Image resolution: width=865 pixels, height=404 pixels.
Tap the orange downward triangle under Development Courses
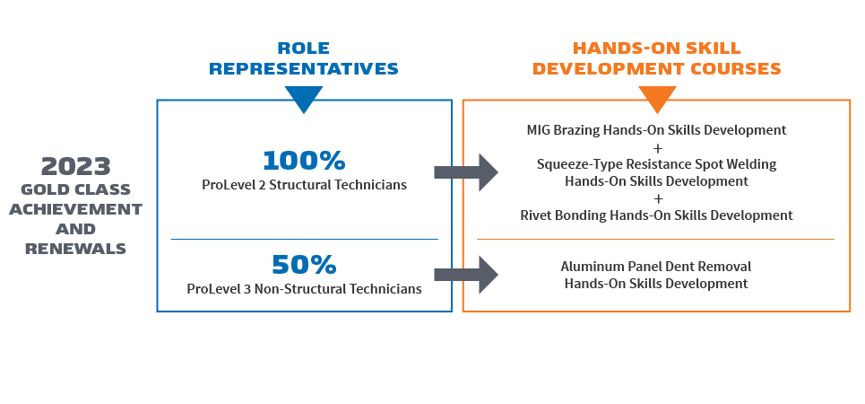click(656, 98)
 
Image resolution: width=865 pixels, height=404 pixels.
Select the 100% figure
click(304, 161)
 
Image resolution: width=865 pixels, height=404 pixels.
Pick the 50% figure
click(304, 265)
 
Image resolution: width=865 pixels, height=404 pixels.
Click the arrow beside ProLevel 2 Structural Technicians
click(465, 172)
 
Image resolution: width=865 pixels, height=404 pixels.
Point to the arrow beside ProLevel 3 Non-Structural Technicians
click(465, 275)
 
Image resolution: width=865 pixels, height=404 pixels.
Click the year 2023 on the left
click(76, 166)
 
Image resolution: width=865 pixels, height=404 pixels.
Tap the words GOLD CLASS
click(76, 189)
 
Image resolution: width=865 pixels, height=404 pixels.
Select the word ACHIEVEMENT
click(82, 209)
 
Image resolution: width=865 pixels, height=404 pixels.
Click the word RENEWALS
click(76, 249)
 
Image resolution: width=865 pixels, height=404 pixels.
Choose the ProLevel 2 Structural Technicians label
click(304, 185)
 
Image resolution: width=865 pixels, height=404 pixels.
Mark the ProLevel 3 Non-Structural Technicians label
click(304, 289)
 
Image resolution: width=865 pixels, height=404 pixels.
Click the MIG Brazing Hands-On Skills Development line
click(656, 130)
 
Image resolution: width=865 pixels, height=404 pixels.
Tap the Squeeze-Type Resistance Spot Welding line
click(656, 164)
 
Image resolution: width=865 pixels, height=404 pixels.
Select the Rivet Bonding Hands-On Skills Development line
click(656, 215)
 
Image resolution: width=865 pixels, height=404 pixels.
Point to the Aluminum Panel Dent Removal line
click(656, 267)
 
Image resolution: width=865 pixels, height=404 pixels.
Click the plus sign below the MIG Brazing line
click(656, 147)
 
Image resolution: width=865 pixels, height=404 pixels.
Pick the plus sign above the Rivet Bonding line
click(656, 198)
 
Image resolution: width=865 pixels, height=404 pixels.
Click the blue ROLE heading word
click(303, 48)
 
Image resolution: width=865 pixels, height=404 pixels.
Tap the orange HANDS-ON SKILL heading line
click(656, 48)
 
